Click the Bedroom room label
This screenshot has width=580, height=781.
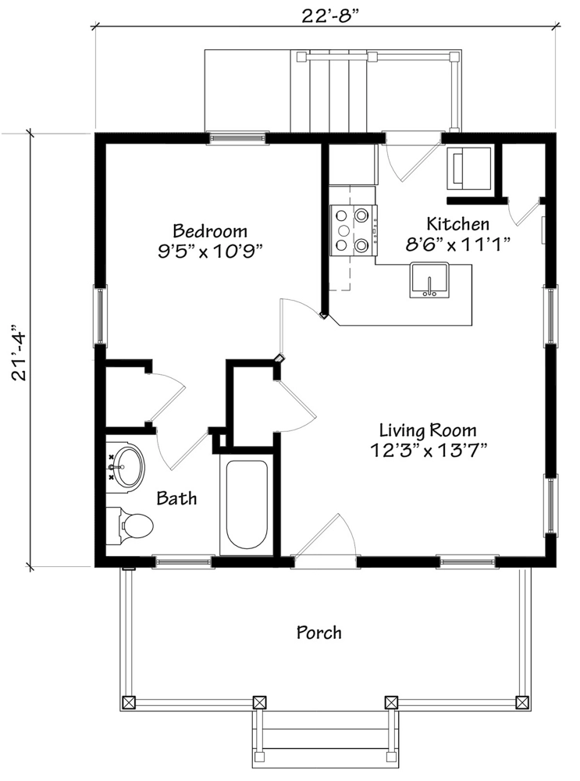(210, 231)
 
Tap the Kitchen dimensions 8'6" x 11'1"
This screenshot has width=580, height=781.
(458, 244)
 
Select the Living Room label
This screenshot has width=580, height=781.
(428, 430)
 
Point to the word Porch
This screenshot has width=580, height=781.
(319, 633)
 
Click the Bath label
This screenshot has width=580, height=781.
(176, 498)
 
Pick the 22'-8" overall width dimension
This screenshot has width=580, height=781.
(330, 16)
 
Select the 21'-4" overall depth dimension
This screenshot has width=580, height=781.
(19, 353)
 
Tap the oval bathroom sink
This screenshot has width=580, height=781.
(126, 468)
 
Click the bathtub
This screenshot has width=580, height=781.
(247, 504)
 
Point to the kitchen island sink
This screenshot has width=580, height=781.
(429, 280)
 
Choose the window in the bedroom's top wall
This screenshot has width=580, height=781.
(237, 138)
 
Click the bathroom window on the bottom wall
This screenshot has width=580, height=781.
(183, 562)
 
